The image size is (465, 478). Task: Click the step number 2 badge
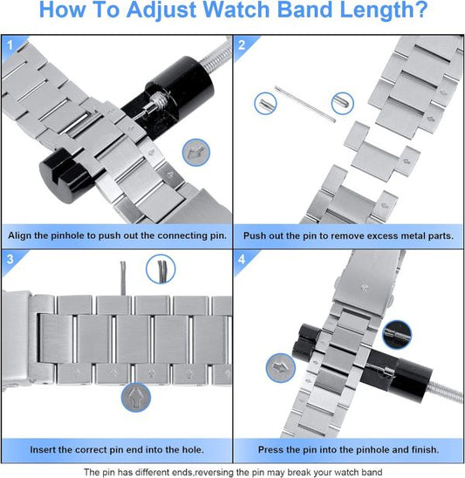click(242, 44)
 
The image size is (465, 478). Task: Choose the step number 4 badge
click(242, 260)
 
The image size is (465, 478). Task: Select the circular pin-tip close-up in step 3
click(161, 268)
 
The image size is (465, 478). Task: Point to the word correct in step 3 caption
click(89, 450)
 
